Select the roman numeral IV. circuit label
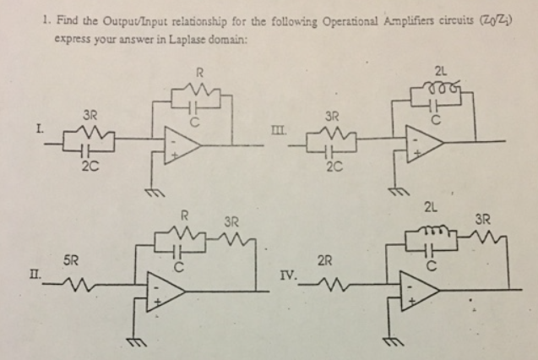[x=288, y=275]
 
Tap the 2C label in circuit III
[x=331, y=168]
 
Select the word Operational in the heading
[x=312, y=23]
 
